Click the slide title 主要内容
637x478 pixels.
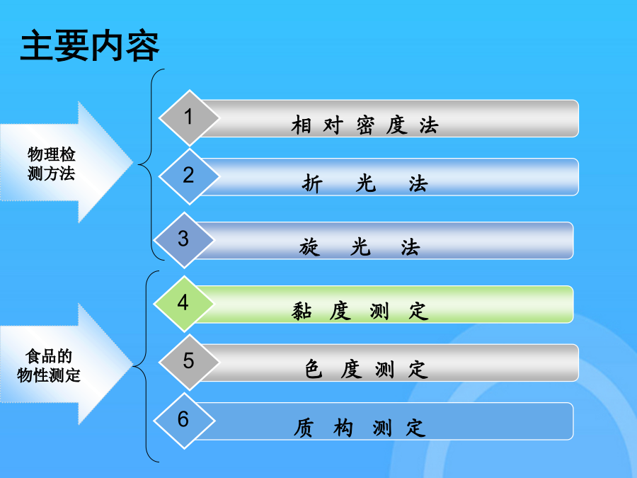89,45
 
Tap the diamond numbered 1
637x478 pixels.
189,118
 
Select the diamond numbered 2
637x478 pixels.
189,176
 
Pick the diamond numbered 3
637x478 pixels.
183,240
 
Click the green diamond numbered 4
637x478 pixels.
183,304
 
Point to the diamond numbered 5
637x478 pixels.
189,362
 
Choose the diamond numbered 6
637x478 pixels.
183,421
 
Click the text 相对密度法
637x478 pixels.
365,125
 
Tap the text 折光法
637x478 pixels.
365,183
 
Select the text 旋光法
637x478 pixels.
360,246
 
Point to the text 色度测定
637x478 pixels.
367,369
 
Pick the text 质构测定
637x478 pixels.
360,428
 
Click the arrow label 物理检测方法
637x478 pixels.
51,164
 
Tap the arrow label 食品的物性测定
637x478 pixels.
49,365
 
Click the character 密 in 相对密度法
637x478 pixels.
365,125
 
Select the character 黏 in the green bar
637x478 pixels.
302,312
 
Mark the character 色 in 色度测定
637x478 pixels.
314,370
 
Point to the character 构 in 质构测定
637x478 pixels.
343,428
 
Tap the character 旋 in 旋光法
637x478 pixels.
309,247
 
